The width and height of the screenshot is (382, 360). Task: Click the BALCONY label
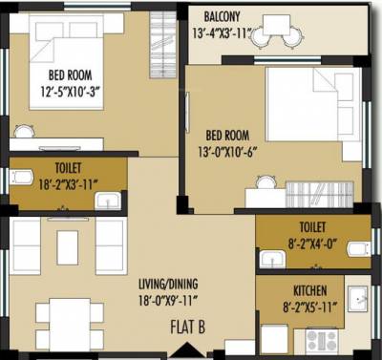coord(221,16)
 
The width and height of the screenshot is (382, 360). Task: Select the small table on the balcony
coord(278,26)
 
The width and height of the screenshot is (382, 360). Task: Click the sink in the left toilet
coord(111,200)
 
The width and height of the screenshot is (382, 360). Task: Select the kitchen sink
coord(358,297)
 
